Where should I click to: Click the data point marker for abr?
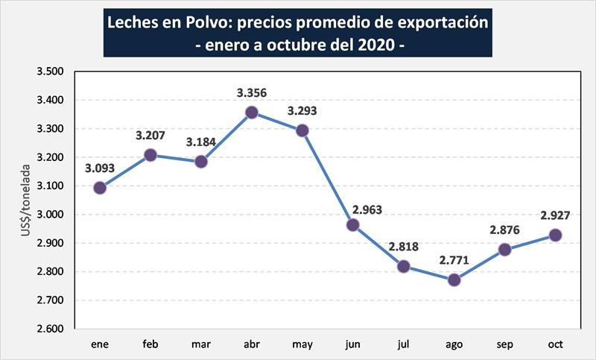click(x=252, y=113)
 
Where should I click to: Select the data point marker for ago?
click(x=454, y=280)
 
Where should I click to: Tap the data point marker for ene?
click(x=100, y=188)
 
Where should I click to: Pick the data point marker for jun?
click(x=353, y=225)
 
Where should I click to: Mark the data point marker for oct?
click(x=555, y=236)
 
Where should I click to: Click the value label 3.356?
click(x=252, y=93)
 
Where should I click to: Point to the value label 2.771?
click(x=454, y=261)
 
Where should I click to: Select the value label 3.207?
click(x=150, y=136)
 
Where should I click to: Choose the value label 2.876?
click(x=504, y=230)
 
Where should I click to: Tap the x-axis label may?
click(x=302, y=344)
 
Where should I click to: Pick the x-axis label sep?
click(x=504, y=344)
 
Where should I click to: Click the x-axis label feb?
click(x=150, y=344)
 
